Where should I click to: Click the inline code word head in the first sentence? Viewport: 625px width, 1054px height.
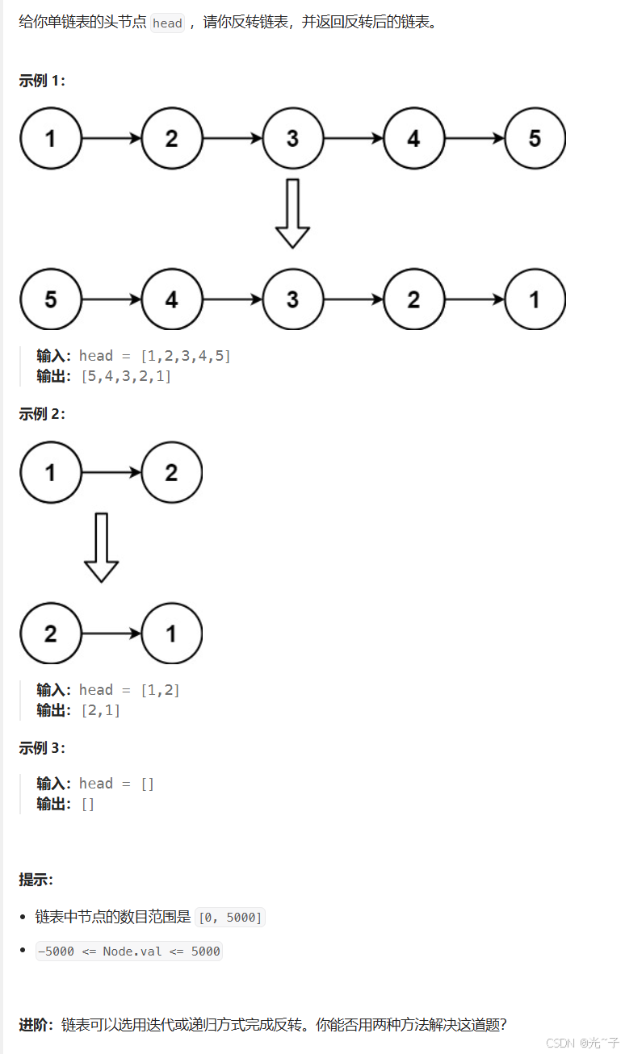pyautogui.click(x=167, y=23)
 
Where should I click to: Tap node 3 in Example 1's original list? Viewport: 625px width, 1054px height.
pyautogui.click(x=292, y=138)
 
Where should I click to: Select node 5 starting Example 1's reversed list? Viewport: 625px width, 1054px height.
pyautogui.click(x=51, y=299)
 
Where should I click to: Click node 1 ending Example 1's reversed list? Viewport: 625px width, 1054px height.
pyautogui.click(x=535, y=299)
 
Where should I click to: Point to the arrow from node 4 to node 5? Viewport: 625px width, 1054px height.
pyautogui.click(x=475, y=138)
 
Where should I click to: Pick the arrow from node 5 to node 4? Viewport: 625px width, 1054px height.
pyautogui.click(x=111, y=299)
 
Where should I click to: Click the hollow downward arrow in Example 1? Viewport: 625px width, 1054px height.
pyautogui.click(x=292, y=213)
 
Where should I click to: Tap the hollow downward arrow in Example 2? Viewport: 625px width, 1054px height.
pyautogui.click(x=102, y=547)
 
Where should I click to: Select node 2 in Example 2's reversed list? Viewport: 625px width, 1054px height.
pyautogui.click(x=51, y=634)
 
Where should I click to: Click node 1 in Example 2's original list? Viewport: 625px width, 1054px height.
pyautogui.click(x=51, y=472)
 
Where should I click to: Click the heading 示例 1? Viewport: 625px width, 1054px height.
pyautogui.click(x=42, y=81)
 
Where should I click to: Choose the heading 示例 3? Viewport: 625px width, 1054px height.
pyautogui.click(x=42, y=748)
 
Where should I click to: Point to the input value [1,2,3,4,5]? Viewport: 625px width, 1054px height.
pyautogui.click(x=186, y=356)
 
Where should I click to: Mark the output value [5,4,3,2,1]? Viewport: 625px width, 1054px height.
pyautogui.click(x=126, y=376)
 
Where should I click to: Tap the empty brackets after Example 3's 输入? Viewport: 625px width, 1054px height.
pyautogui.click(x=147, y=784)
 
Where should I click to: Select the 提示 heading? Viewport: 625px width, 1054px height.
pyautogui.click(x=36, y=879)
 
